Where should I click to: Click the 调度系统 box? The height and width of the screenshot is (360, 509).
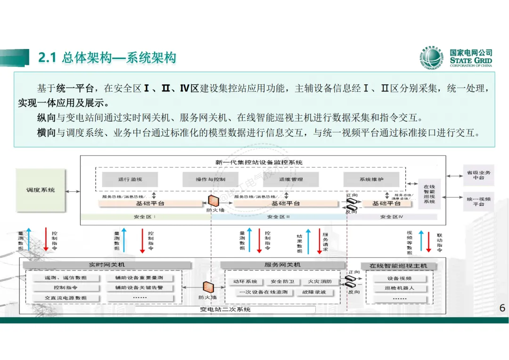[41, 190]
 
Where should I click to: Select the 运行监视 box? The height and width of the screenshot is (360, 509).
[130, 179]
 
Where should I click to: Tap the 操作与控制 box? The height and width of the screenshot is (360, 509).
[210, 179]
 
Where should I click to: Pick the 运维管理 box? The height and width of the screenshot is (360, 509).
[291, 179]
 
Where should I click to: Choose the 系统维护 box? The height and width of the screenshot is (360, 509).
[371, 179]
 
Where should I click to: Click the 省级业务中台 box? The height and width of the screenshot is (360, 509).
[478, 175]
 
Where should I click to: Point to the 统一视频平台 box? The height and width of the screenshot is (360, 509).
[478, 202]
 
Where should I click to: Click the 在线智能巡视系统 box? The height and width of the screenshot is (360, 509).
[429, 194]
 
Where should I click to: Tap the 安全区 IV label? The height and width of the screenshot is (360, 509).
[392, 217]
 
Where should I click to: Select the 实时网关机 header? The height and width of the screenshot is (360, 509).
[107, 265]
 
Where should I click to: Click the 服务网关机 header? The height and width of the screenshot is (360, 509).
[282, 265]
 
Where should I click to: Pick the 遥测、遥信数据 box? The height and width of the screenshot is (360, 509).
[66, 278]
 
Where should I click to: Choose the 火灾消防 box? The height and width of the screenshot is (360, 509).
[320, 281]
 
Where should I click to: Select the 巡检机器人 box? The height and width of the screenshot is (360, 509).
[399, 288]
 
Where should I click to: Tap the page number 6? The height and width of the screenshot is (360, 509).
[502, 308]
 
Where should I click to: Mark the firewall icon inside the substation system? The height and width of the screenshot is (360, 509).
[207, 287]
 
